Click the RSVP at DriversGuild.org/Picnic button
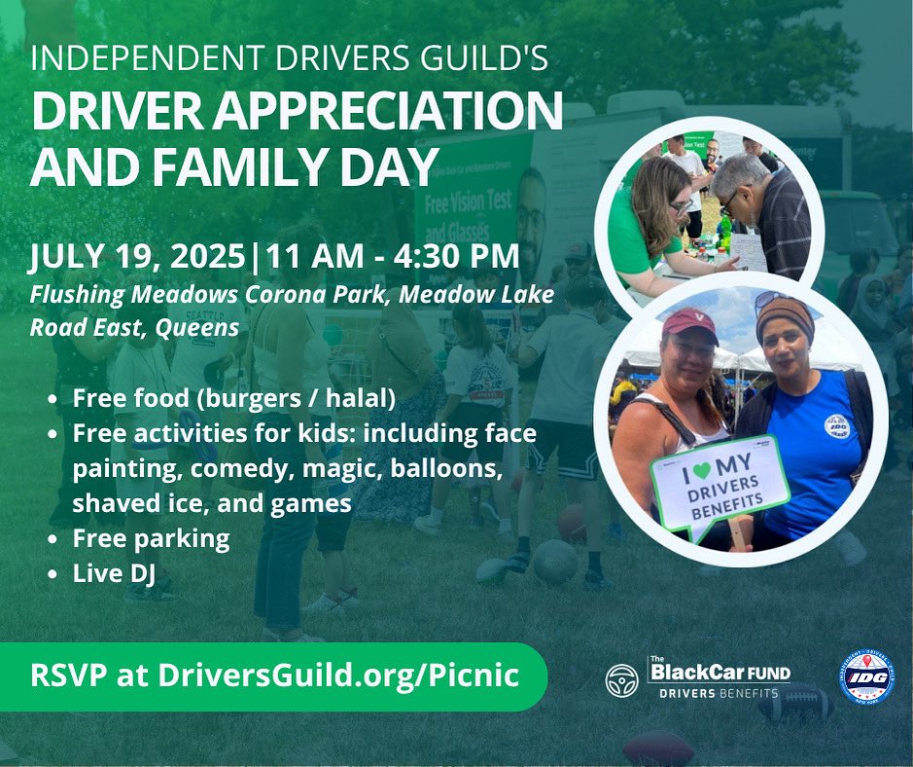tap(273, 676)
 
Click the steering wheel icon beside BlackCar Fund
tap(622, 679)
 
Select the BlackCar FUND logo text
tap(720, 672)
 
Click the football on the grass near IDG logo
tap(795, 702)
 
